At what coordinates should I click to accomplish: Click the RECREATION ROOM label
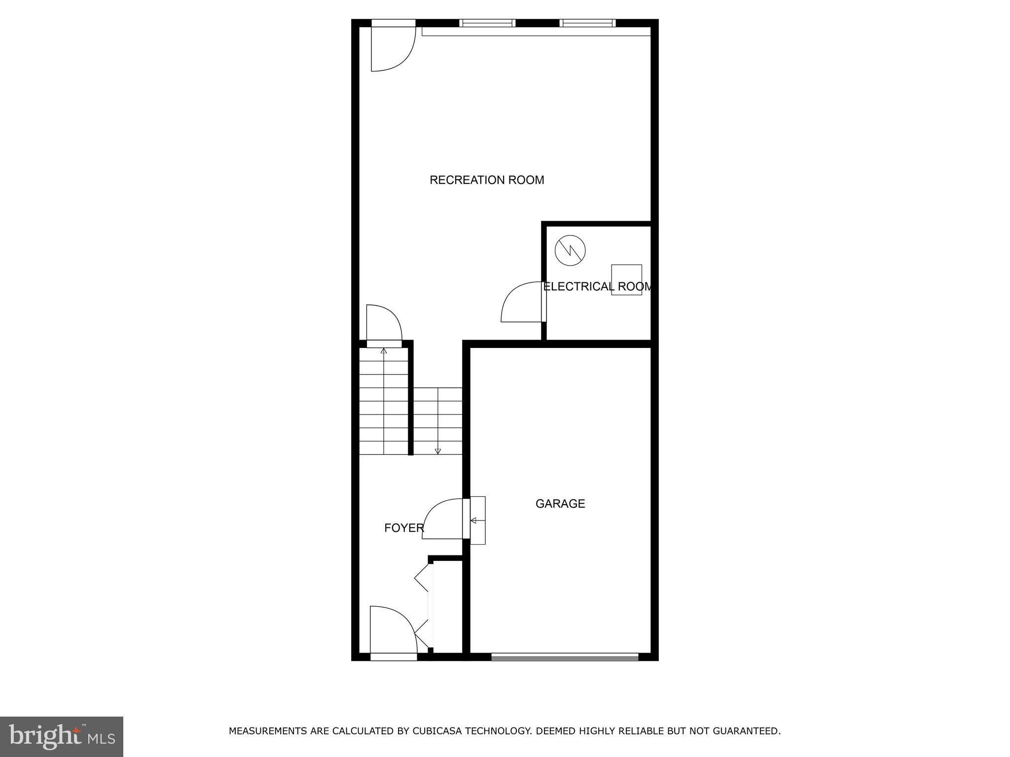pos(487,180)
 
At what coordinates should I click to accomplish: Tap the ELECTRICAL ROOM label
pos(597,287)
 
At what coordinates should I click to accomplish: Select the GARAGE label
pos(560,504)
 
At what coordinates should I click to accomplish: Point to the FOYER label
pos(404,528)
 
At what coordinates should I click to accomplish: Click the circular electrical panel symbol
pos(570,251)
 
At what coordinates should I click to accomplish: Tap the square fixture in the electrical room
pos(626,279)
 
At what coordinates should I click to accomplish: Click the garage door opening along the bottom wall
pos(565,656)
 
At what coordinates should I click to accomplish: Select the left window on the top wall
pos(487,23)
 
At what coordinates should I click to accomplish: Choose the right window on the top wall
pos(587,23)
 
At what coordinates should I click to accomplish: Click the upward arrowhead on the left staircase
pos(384,351)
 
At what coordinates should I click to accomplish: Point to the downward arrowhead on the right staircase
pos(437,451)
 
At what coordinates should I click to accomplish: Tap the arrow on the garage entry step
pos(474,520)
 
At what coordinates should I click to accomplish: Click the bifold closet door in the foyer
pos(423,606)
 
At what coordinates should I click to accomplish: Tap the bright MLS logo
pos(62,736)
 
